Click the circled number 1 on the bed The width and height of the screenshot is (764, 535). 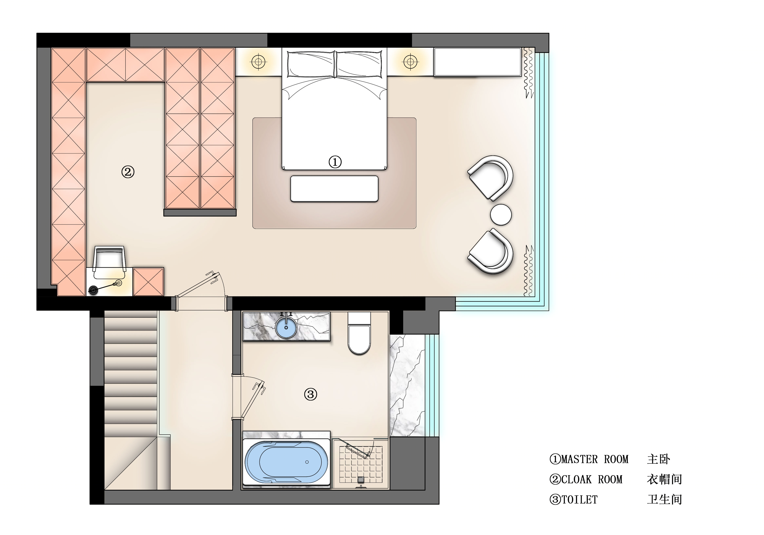point(335,162)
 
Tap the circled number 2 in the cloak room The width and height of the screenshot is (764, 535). point(128,172)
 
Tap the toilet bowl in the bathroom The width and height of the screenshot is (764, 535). point(359,333)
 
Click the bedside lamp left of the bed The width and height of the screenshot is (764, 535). point(259,62)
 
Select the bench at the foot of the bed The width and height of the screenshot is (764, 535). point(335,189)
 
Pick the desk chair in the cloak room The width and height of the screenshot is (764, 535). point(109,262)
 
